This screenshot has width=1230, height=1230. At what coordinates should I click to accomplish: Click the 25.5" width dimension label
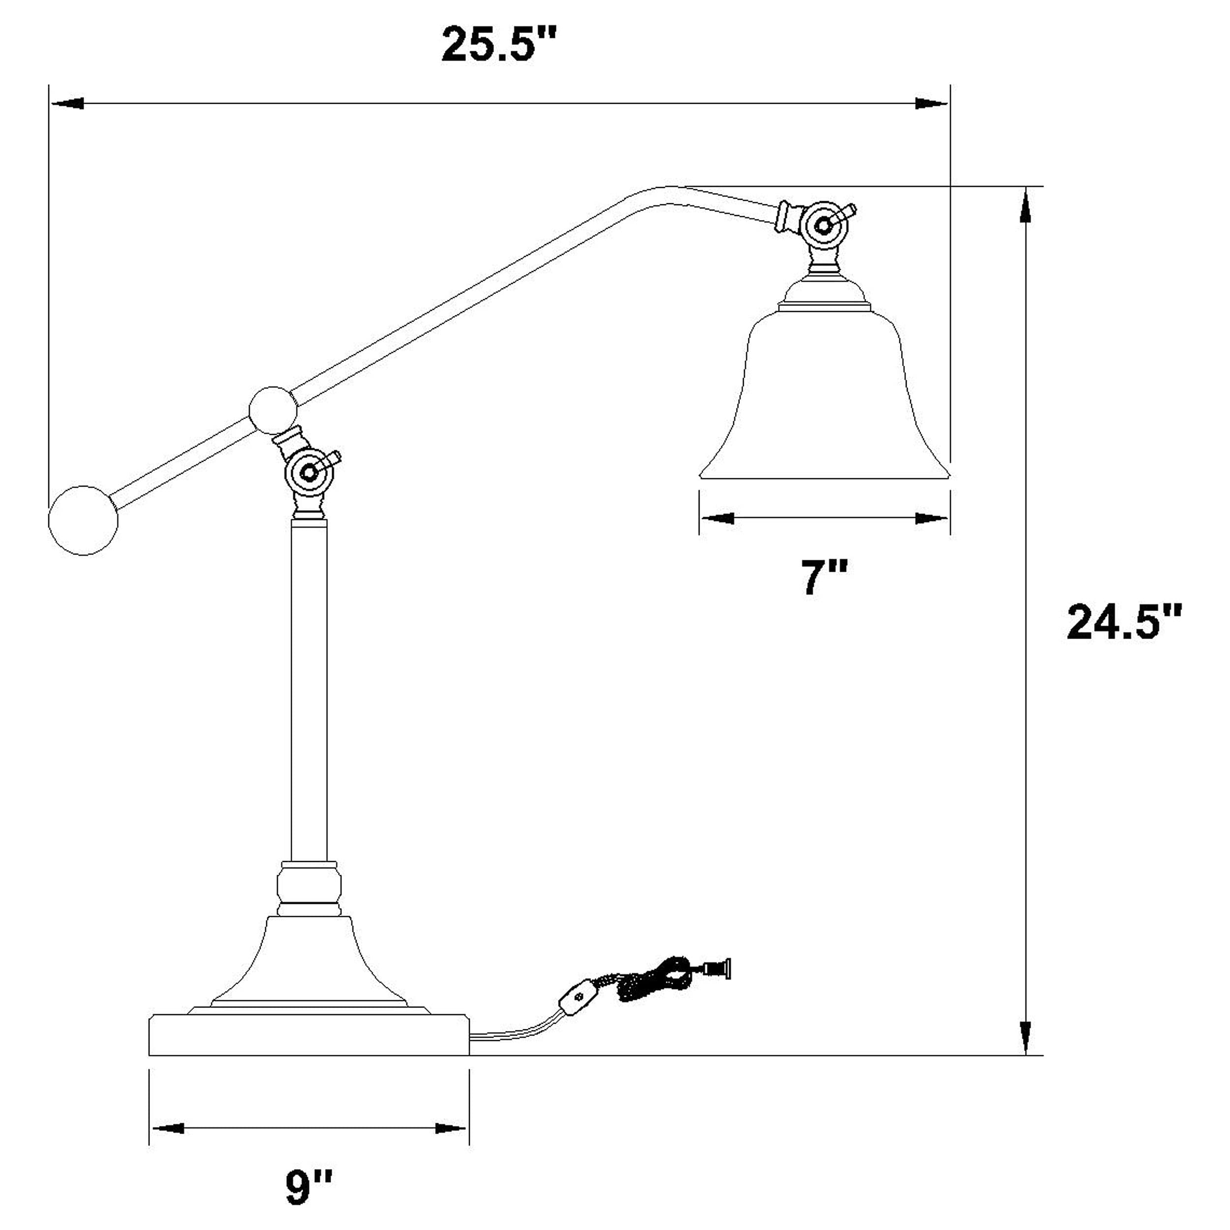point(498,45)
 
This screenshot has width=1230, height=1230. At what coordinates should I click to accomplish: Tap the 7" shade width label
point(824,578)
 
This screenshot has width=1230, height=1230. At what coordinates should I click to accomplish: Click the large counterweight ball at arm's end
point(84,520)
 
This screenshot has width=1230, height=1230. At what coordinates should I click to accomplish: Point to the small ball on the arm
point(273,410)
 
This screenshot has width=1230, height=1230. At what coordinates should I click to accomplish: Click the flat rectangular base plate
point(309,1035)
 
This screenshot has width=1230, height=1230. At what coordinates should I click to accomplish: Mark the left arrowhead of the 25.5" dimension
point(67,103)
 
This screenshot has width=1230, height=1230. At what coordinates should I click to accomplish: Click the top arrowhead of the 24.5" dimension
point(1025,207)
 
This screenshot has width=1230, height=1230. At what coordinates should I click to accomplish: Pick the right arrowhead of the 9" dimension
point(451,1128)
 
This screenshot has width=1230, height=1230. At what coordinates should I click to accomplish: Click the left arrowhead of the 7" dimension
point(716,518)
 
